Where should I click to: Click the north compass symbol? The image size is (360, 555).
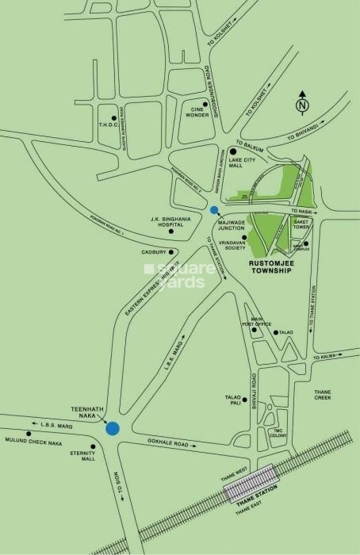(301, 105)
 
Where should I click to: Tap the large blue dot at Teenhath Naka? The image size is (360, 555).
(113, 428)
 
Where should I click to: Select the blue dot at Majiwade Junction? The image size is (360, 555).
(214, 210)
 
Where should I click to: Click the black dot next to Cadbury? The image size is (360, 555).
(170, 253)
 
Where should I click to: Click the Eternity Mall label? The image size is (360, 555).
(82, 458)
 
